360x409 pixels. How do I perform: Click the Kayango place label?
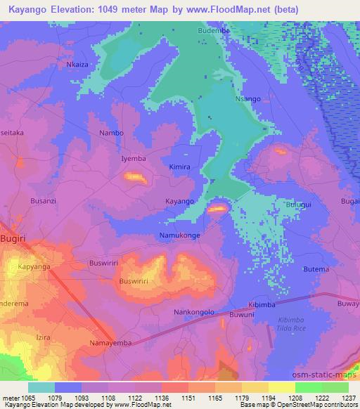(x=179, y=201)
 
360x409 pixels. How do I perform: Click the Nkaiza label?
(x=78, y=64)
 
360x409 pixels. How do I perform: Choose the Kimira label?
(x=180, y=167)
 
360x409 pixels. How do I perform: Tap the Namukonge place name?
(x=180, y=235)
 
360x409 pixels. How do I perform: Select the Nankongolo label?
(x=193, y=311)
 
